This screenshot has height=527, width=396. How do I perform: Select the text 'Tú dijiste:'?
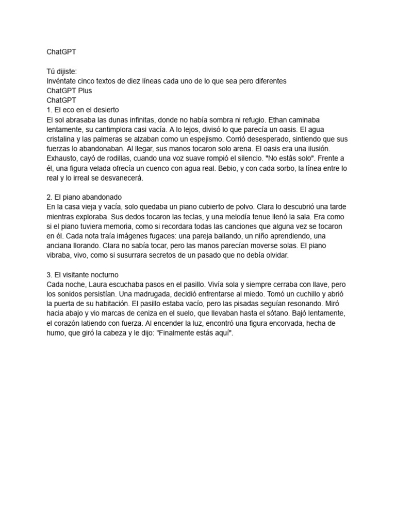tap(61, 72)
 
